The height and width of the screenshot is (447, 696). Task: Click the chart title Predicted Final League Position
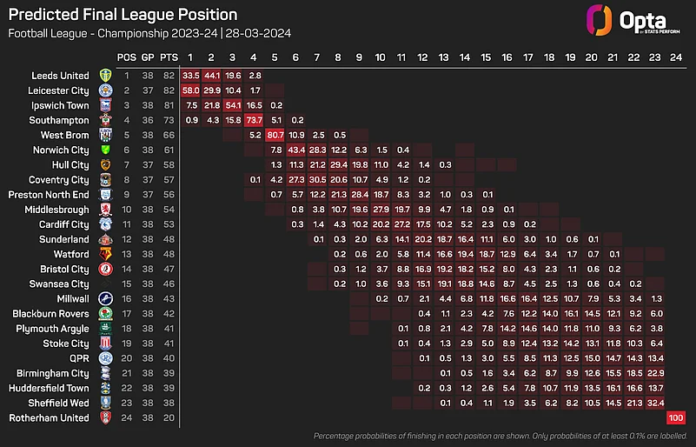(123, 15)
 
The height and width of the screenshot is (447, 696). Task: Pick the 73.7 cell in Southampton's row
(255, 119)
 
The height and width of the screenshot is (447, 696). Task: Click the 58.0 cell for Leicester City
(192, 90)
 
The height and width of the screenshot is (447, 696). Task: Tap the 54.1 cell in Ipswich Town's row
(234, 104)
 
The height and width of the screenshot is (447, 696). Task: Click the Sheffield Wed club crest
(106, 403)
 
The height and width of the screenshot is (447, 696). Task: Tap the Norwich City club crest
(106, 150)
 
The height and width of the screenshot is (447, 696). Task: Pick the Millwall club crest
(106, 298)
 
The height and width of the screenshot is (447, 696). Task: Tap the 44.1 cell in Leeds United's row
(213, 75)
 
